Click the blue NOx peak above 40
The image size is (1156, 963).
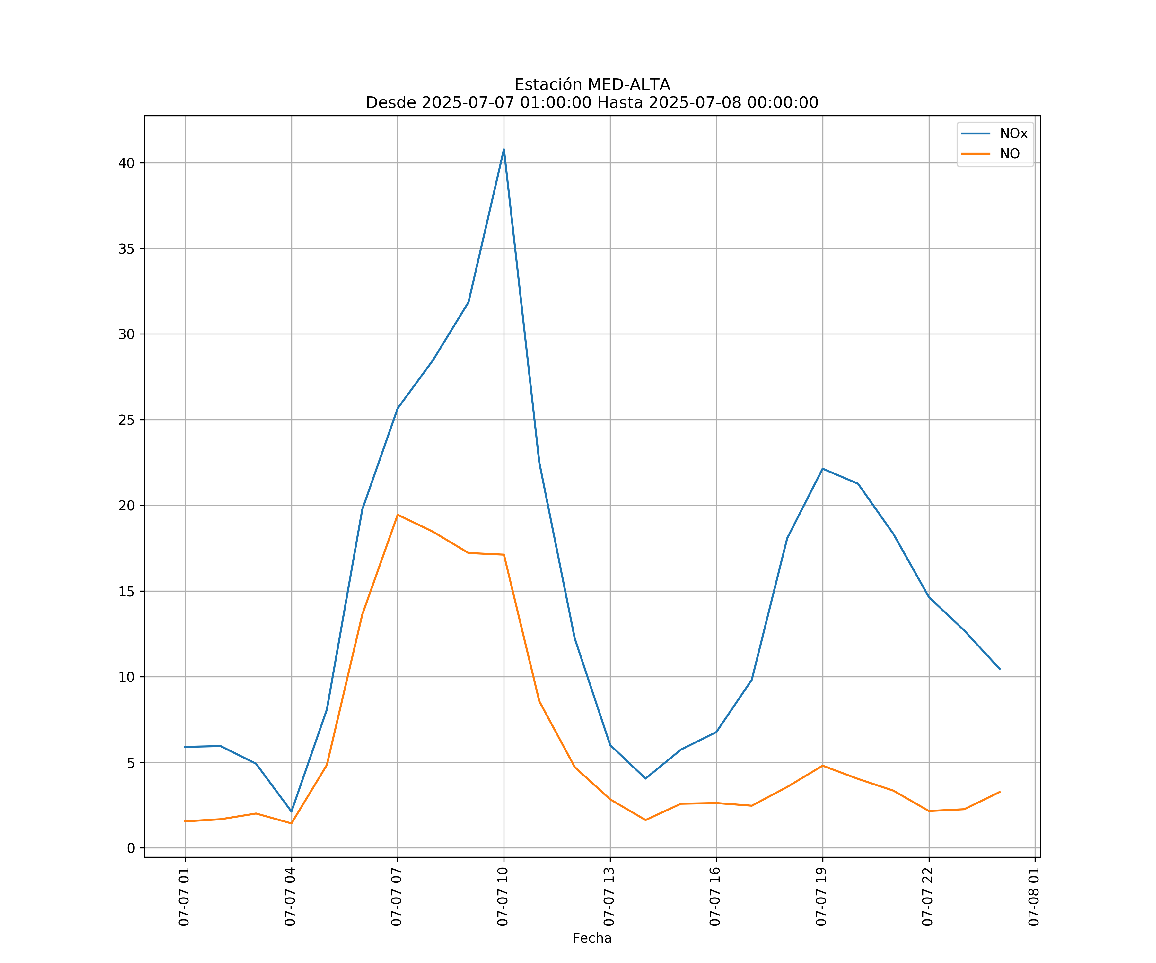[504, 149]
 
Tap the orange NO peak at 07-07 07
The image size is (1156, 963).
[398, 515]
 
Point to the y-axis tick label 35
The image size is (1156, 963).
[126, 249]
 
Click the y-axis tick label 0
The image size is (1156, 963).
[130, 848]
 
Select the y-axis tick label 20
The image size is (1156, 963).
[126, 506]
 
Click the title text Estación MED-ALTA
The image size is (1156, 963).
[592, 85]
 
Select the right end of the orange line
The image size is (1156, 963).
[1000, 792]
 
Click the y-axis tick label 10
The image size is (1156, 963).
[126, 677]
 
